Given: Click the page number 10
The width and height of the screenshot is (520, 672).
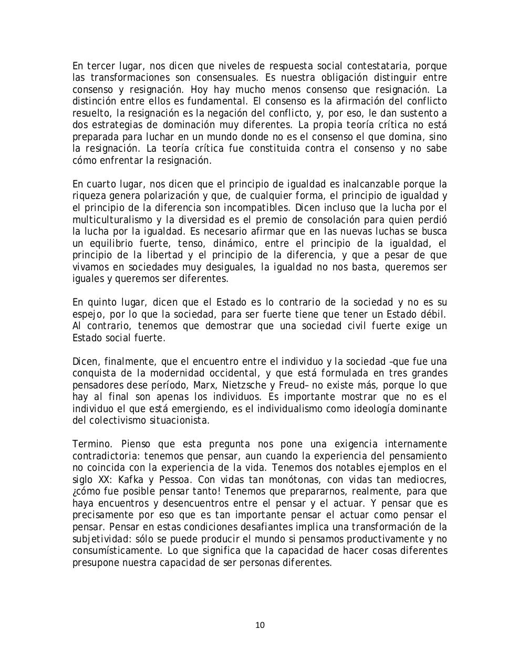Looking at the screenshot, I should tap(260, 625).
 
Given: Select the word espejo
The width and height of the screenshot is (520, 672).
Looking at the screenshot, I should tap(86, 314).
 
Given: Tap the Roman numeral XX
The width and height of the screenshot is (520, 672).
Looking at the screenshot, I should tap(106, 479).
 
